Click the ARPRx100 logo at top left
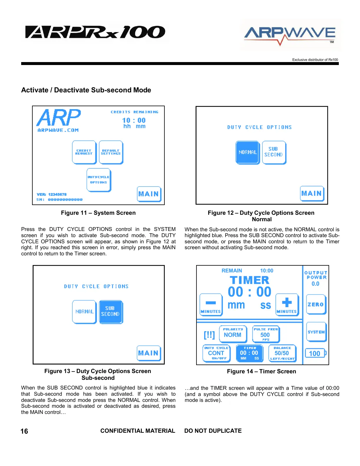tap(95, 32)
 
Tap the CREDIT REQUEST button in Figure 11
tap(84, 152)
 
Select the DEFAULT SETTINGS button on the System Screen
tap(111, 152)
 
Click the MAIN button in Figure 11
tap(149, 194)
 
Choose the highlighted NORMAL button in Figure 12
tap(248, 152)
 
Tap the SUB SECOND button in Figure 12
tap(274, 152)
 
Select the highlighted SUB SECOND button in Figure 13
tap(111, 312)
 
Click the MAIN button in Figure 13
tap(149, 353)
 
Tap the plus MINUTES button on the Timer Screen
tap(287, 304)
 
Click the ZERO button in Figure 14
tap(316, 304)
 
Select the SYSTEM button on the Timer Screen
tap(316, 332)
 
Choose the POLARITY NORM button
tap(233, 334)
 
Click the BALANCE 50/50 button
tap(282, 353)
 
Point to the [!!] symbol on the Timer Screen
tap(209, 335)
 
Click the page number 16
tap(24, 431)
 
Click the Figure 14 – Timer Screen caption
tap(261, 372)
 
